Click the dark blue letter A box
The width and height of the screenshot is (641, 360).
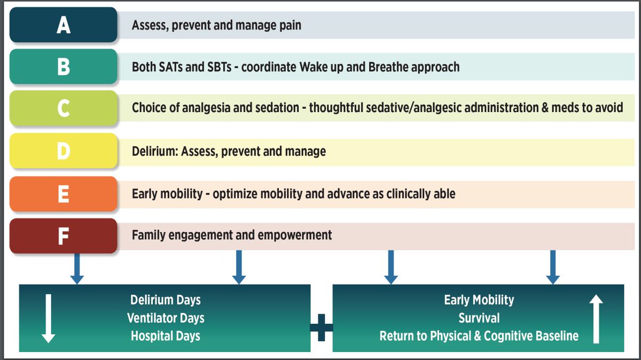pyautogui.click(x=63, y=25)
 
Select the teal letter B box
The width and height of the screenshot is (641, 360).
pyautogui.click(x=63, y=67)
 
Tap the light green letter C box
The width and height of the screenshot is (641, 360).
pyautogui.click(x=63, y=108)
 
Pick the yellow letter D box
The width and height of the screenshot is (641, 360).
pyautogui.click(x=63, y=151)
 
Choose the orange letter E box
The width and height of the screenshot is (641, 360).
pyautogui.click(x=63, y=193)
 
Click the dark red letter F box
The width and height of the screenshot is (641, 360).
pyautogui.click(x=63, y=236)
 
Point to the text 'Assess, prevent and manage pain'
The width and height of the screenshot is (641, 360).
pyautogui.click(x=216, y=25)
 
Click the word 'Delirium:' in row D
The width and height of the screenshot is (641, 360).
pyautogui.click(x=155, y=151)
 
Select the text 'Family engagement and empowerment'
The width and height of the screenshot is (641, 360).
pyautogui.click(x=232, y=234)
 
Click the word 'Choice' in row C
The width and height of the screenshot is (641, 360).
pyautogui.click(x=150, y=107)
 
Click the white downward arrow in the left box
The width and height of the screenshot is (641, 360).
pyautogui.click(x=48, y=318)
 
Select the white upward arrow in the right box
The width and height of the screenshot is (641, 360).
pyautogui.click(x=596, y=318)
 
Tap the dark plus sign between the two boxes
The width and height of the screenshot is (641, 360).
pyautogui.click(x=321, y=326)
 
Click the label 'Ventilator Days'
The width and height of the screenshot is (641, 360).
pyautogui.click(x=166, y=318)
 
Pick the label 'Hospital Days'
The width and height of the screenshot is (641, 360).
pyautogui.click(x=166, y=336)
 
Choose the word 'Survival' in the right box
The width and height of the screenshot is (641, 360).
pyautogui.click(x=479, y=318)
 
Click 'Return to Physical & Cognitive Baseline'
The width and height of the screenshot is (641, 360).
pyautogui.click(x=479, y=336)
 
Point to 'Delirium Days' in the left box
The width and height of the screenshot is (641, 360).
pyautogui.click(x=166, y=300)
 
